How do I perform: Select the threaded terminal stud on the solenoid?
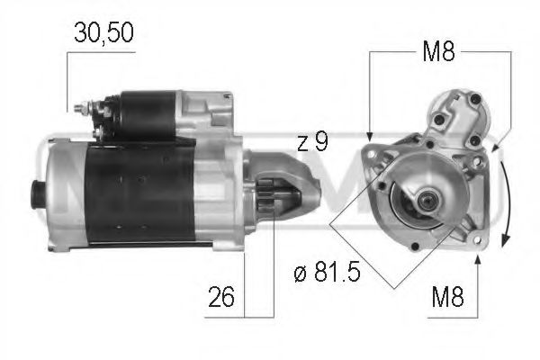click(x=81, y=110)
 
